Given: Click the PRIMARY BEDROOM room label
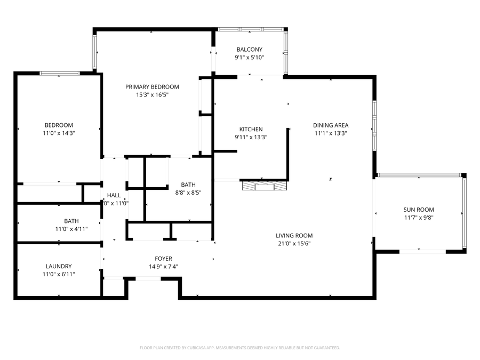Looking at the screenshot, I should point(152,87).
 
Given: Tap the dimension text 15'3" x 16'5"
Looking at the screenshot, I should point(152,95).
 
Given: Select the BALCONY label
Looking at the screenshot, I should point(250,50).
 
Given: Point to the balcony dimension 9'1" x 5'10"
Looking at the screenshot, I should point(250,58).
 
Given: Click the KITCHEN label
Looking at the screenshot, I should point(251,130).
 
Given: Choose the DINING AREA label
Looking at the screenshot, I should point(331,126).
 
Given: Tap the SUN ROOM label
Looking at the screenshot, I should point(419,210).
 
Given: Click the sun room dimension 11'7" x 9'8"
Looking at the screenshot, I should point(419,218).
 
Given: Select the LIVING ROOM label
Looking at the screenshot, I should point(294,236).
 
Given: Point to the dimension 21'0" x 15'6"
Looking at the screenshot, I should point(294,244).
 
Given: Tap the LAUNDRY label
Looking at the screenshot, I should point(59,267).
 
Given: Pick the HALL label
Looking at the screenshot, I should point(114,196).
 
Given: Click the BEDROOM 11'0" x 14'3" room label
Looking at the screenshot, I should point(59,125).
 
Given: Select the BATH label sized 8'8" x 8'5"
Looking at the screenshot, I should point(188,185).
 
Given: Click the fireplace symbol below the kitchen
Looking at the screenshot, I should point(264,186).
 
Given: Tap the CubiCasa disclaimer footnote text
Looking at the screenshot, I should point(239,348).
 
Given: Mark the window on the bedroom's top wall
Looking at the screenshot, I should point(60,74).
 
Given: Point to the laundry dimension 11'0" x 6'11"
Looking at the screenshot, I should point(59,275).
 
